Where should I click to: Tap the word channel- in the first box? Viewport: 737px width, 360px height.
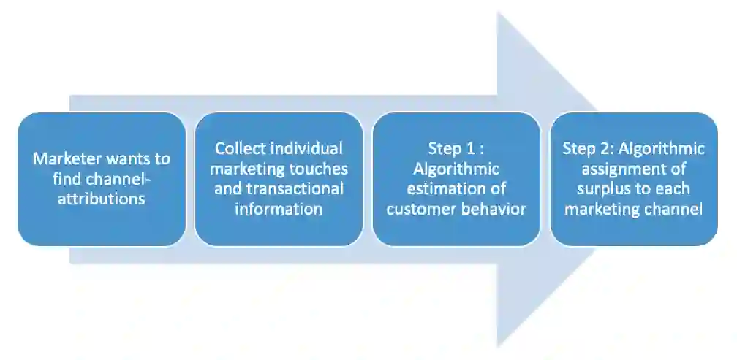tap(121, 178)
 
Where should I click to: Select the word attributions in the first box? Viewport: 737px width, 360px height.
tap(102, 198)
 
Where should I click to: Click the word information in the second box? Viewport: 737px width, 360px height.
tap(279, 209)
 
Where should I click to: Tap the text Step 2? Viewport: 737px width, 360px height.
tap(589, 149)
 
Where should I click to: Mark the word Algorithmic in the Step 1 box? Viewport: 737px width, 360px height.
tap(456, 169)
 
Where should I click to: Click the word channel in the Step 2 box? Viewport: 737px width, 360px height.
tap(673, 209)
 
